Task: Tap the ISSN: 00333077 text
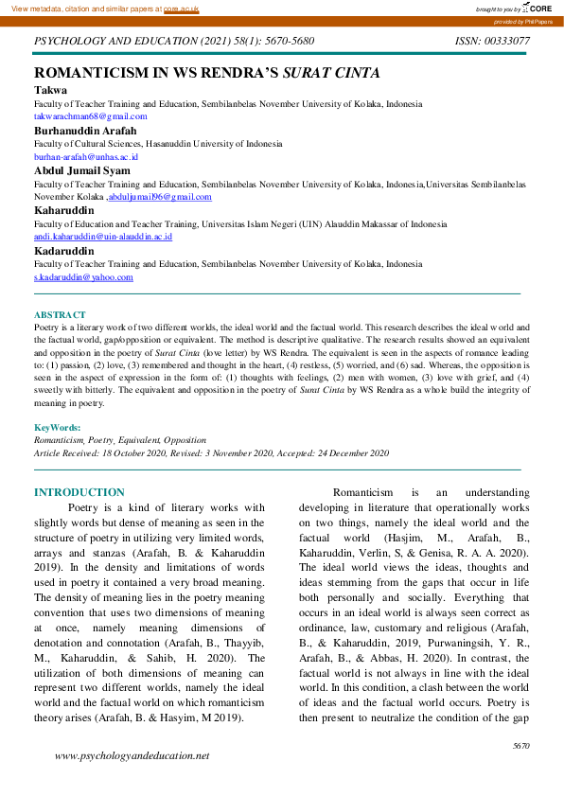(x=492, y=41)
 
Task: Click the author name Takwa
(x=50, y=90)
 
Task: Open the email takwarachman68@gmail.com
(x=91, y=115)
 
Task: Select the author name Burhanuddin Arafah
(x=85, y=130)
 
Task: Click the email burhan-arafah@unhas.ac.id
(x=86, y=156)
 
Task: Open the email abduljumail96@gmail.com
(x=160, y=197)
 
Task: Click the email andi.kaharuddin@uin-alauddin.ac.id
(x=103, y=237)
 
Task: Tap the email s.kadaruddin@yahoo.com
(x=83, y=277)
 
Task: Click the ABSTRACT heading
(x=60, y=314)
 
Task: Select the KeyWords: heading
(x=58, y=429)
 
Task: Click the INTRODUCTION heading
(x=79, y=492)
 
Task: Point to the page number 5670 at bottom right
(x=520, y=747)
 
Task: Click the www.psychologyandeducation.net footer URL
(x=132, y=756)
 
